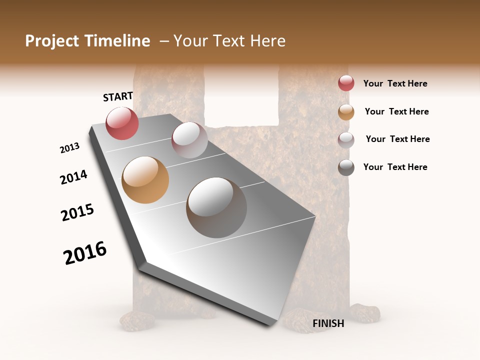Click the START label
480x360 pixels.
point(118,96)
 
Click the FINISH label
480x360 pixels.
point(328,323)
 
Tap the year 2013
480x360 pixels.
point(69,148)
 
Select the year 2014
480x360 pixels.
point(73,177)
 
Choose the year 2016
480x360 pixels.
point(85,253)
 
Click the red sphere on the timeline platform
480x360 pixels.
point(122,123)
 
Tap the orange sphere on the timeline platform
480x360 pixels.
point(145,180)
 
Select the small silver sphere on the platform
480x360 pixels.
point(189,140)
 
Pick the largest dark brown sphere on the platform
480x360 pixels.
point(216,207)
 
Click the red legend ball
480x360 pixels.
point(346,83)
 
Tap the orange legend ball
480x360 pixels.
point(346,112)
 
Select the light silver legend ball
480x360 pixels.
point(346,140)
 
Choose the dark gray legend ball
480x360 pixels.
point(346,167)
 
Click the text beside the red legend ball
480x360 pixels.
point(395,83)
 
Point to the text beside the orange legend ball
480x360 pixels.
point(396,111)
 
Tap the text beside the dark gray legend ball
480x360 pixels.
point(395,167)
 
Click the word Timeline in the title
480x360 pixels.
point(118,41)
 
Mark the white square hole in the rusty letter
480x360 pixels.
point(241,95)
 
